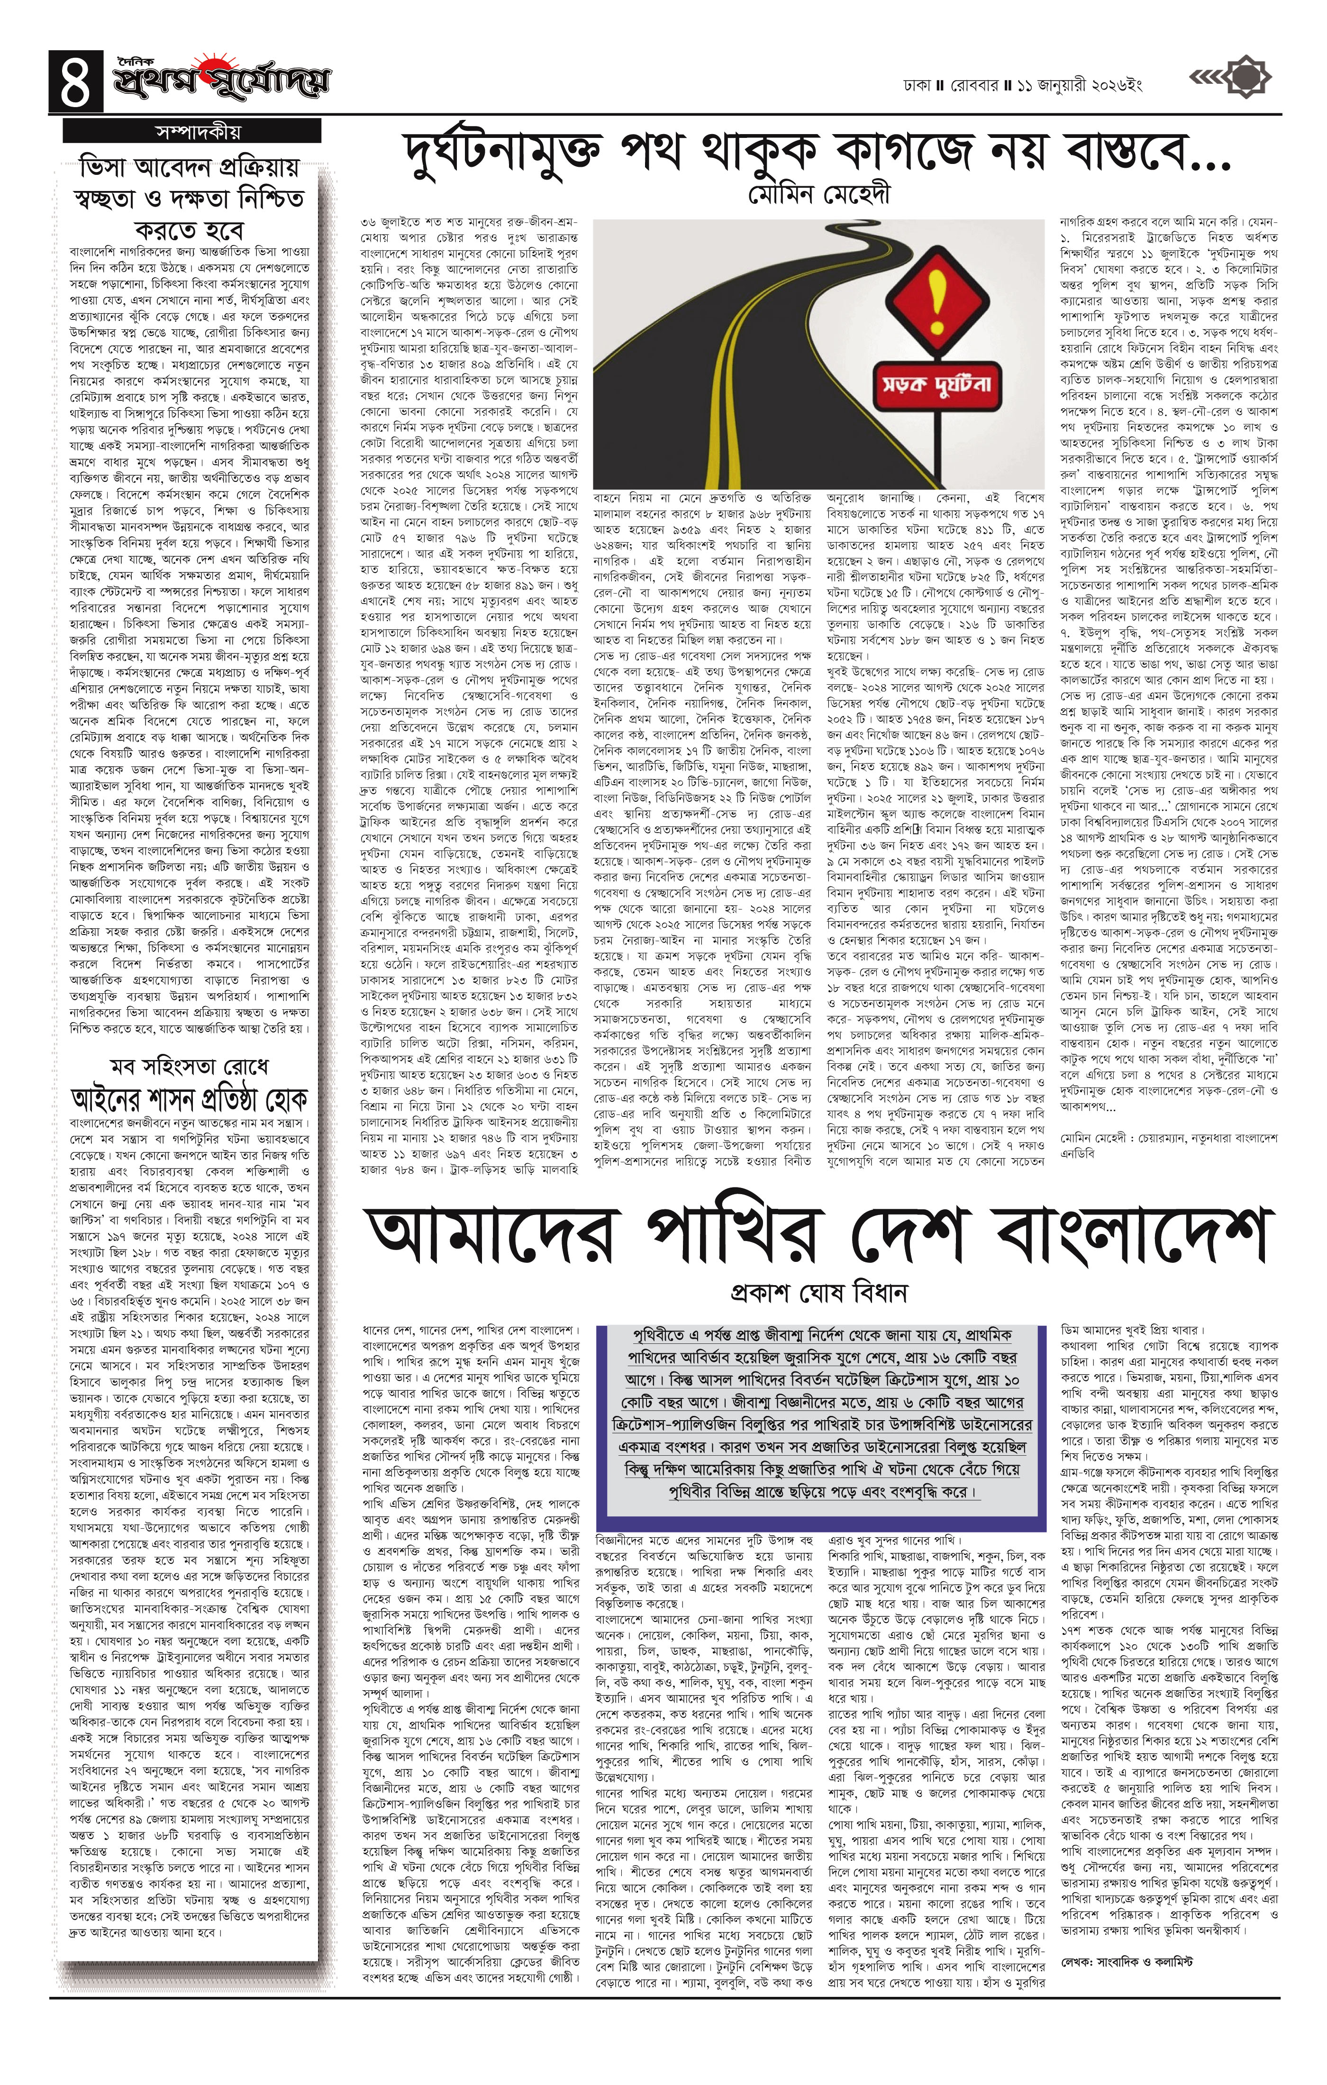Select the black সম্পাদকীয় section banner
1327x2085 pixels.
pyautogui.click(x=192, y=132)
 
